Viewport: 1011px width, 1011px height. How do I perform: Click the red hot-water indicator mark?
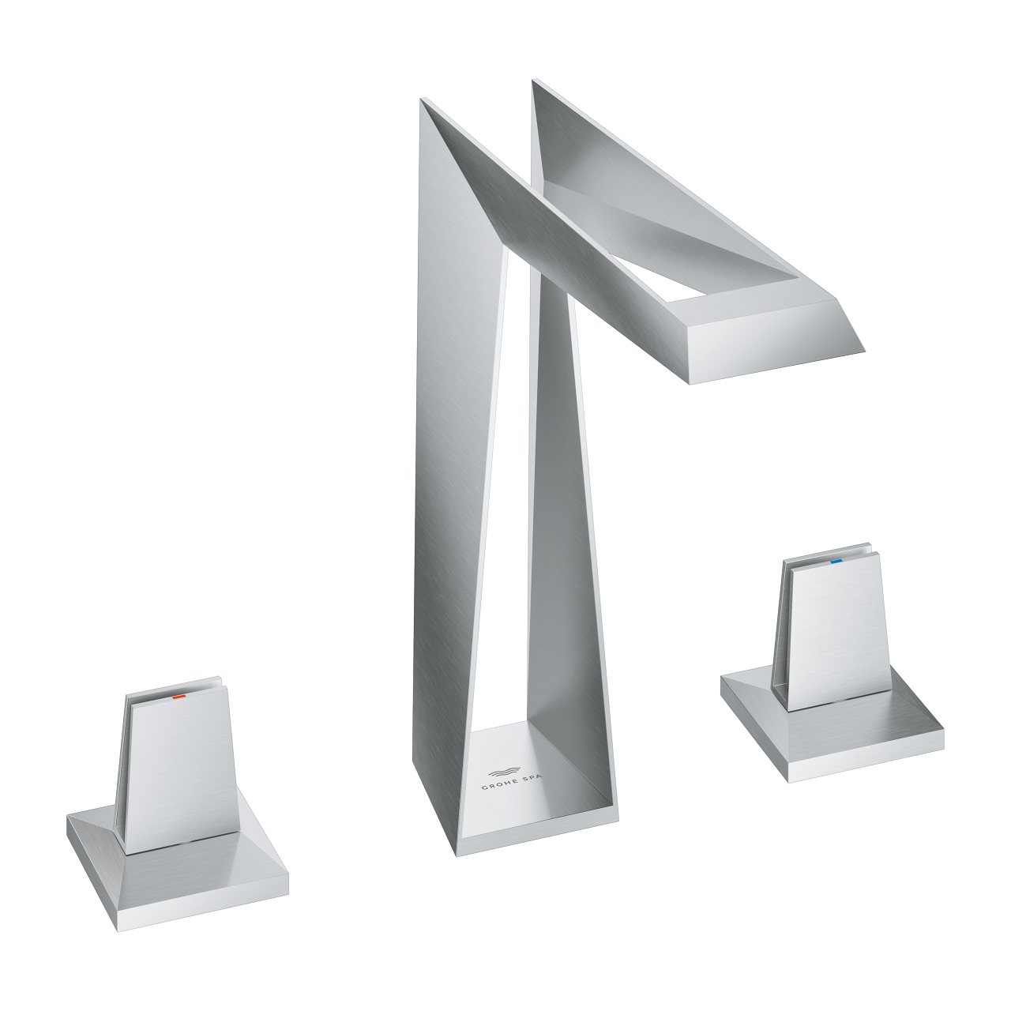[x=179, y=698]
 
